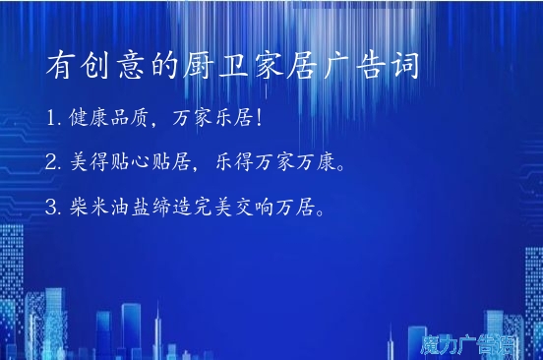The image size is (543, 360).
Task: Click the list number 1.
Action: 51,118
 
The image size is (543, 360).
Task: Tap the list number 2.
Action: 51,162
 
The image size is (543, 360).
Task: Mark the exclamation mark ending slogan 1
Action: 259,118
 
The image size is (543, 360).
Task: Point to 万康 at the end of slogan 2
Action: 318,162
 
